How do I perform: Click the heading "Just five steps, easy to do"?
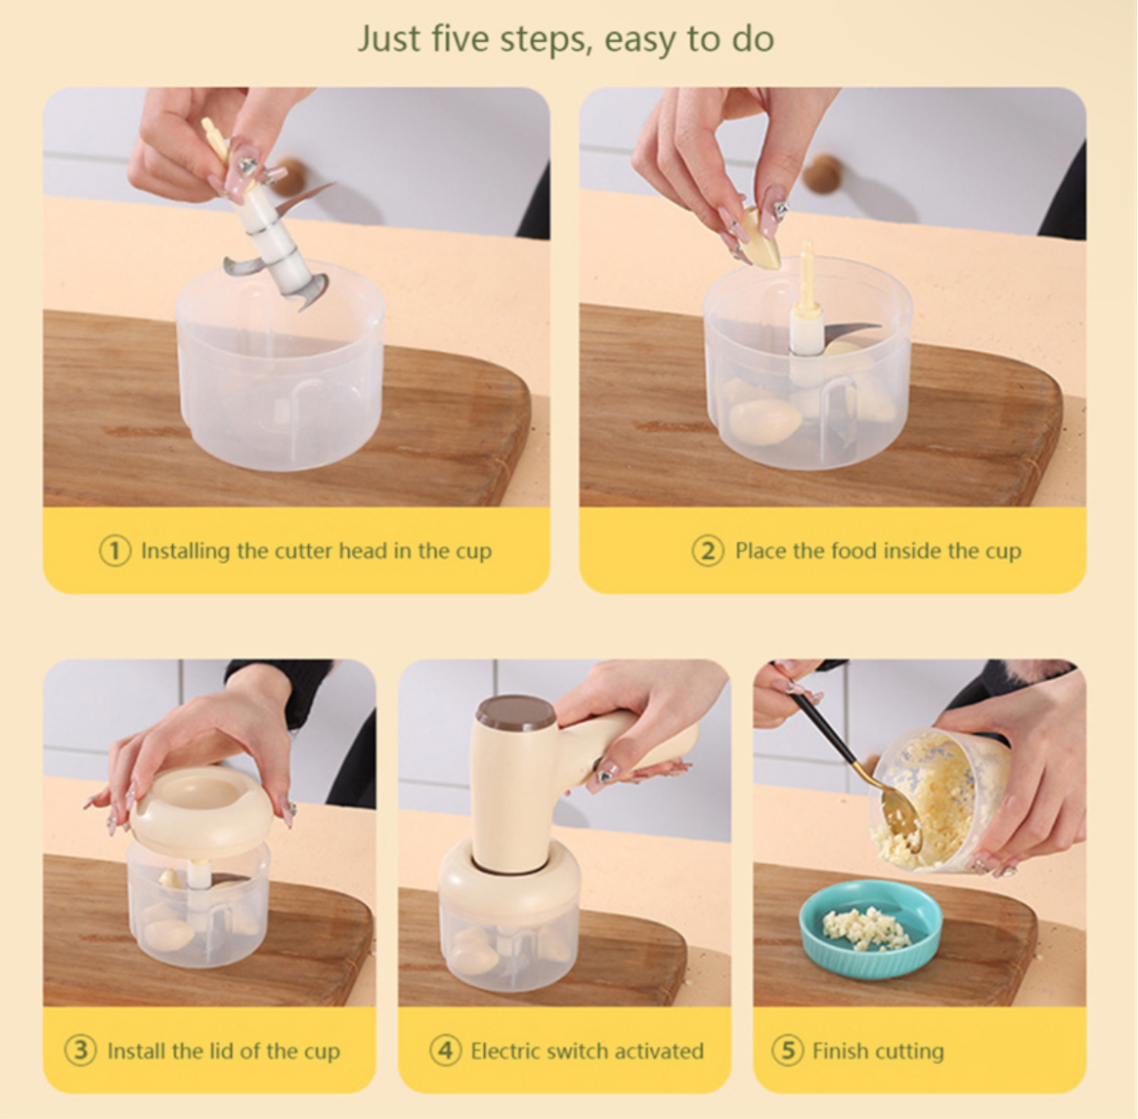click(565, 38)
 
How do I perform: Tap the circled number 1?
click(114, 551)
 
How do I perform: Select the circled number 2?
click(708, 551)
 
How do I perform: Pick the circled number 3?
click(80, 1050)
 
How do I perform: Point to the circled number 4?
click(445, 1050)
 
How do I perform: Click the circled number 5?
click(787, 1050)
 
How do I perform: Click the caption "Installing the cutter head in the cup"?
click(317, 551)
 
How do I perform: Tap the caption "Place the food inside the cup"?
click(878, 551)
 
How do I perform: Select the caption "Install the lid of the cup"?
click(224, 1051)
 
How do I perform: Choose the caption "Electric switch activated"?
click(588, 1051)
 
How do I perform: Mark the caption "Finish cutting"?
click(878, 1051)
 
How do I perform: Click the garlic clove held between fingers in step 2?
click(760, 237)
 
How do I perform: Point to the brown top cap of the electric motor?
click(515, 712)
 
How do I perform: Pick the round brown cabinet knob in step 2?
click(824, 173)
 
